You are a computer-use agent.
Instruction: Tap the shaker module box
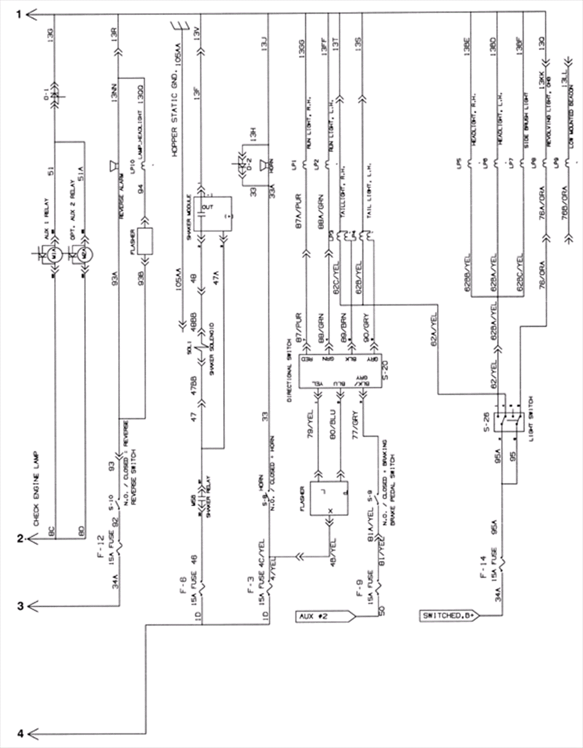[x=212, y=214]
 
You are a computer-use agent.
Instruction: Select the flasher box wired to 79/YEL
[x=329, y=498]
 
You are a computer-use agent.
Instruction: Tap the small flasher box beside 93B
[x=145, y=241]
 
